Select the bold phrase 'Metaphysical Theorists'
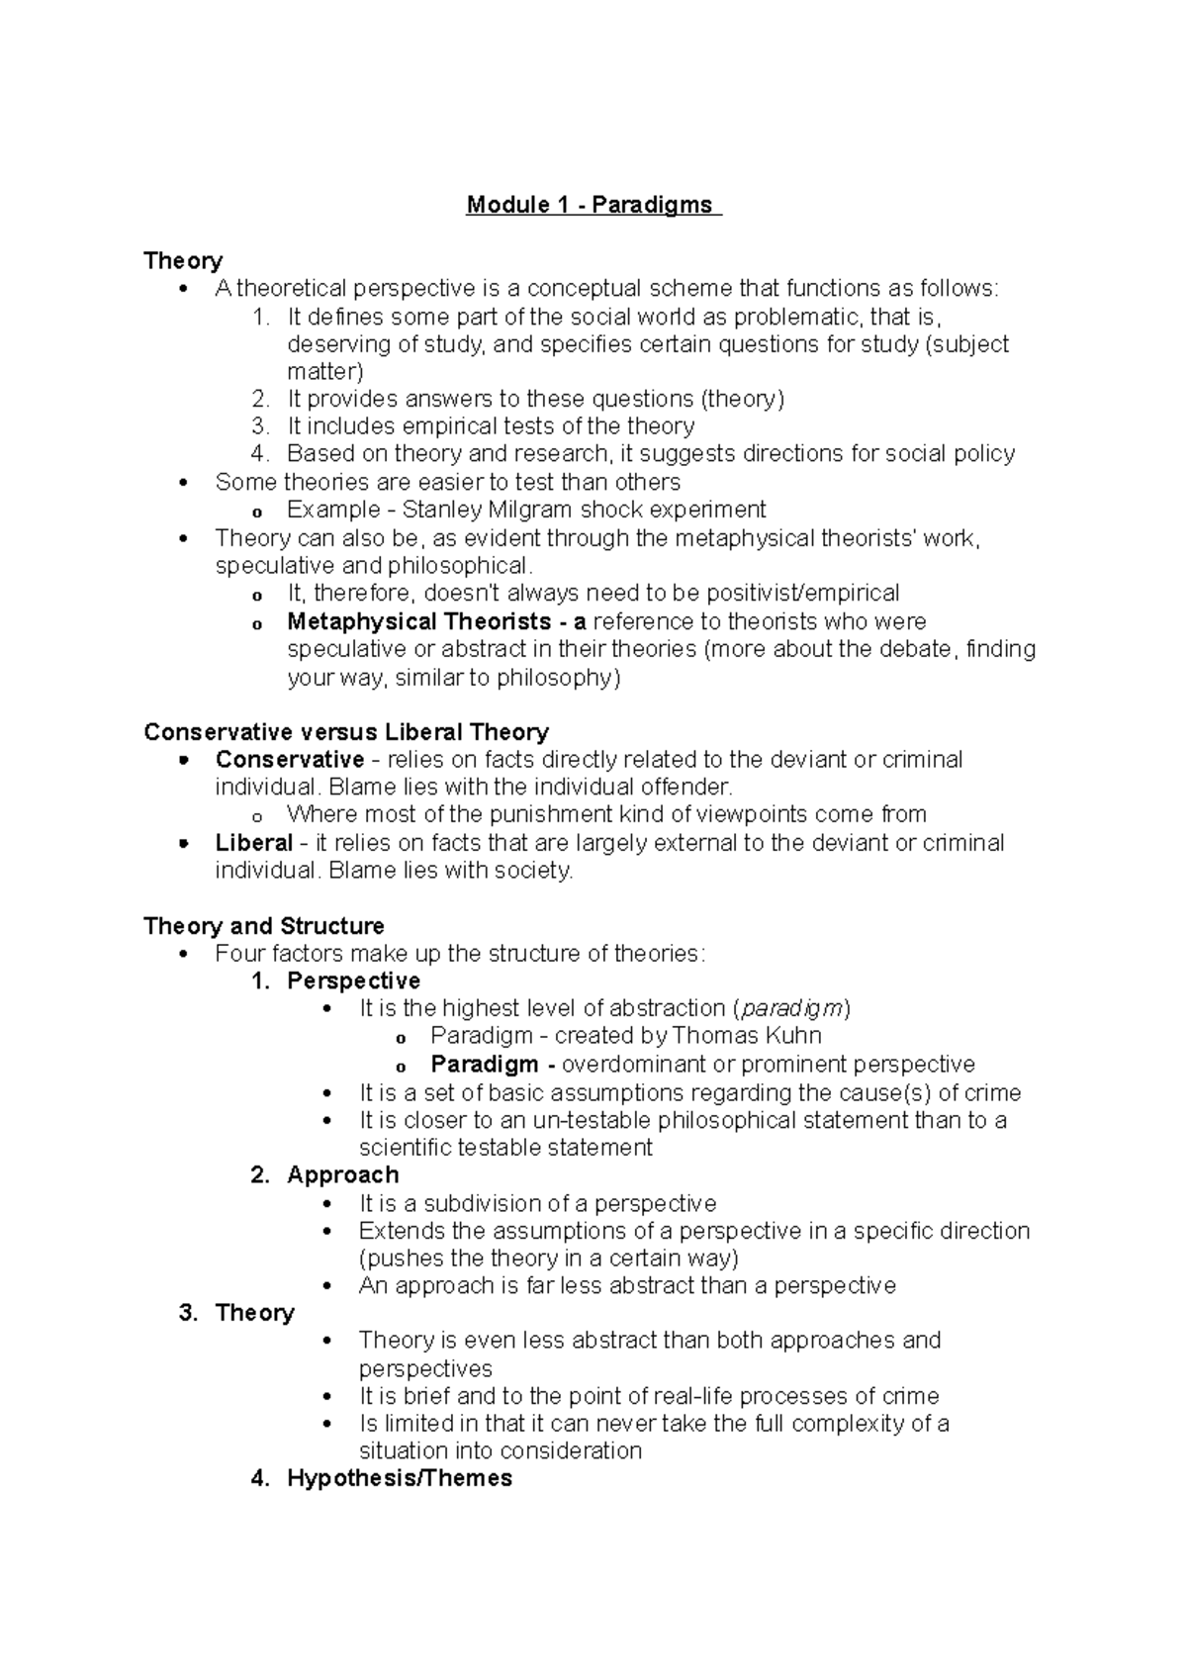(x=419, y=621)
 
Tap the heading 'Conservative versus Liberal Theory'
(x=345, y=732)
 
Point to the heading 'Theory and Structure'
(x=264, y=926)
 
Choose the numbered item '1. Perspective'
(x=336, y=980)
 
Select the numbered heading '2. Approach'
(x=325, y=1174)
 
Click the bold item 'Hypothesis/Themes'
(x=400, y=1478)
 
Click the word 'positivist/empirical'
(x=800, y=593)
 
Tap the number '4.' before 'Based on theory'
(x=260, y=453)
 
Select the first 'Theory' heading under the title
(x=183, y=260)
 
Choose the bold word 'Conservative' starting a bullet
(x=290, y=760)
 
